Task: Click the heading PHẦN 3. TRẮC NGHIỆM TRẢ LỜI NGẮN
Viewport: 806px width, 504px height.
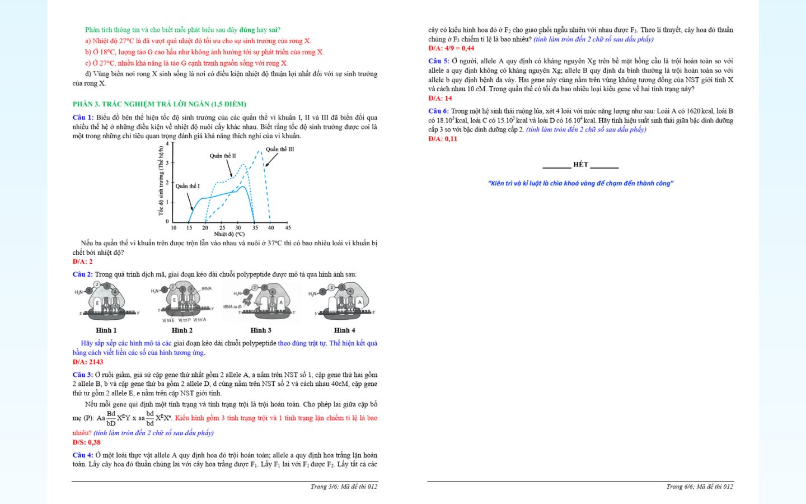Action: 159,104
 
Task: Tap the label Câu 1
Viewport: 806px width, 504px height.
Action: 82,118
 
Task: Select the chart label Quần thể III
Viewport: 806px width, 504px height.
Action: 280,150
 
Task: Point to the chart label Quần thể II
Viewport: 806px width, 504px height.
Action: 223,156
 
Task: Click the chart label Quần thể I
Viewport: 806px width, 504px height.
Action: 188,186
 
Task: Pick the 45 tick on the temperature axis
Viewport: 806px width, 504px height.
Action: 288,228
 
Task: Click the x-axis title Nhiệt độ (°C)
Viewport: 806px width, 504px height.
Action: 229,235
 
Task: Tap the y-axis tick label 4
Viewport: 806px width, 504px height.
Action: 167,144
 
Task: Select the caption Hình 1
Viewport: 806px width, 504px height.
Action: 106,330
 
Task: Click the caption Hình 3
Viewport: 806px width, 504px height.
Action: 261,330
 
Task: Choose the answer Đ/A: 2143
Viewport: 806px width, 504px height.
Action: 88,362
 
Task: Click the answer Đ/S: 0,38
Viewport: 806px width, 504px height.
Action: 86,442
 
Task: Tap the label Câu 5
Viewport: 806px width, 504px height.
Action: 438,62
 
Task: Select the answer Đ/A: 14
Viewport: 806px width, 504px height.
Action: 440,99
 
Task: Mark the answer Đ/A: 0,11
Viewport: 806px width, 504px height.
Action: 443,139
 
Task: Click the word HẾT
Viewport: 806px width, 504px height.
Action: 580,165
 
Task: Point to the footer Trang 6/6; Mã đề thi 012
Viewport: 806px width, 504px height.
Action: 699,487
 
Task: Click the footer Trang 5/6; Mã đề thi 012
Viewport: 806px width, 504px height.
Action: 344,487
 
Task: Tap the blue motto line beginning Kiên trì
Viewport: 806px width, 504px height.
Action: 580,184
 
